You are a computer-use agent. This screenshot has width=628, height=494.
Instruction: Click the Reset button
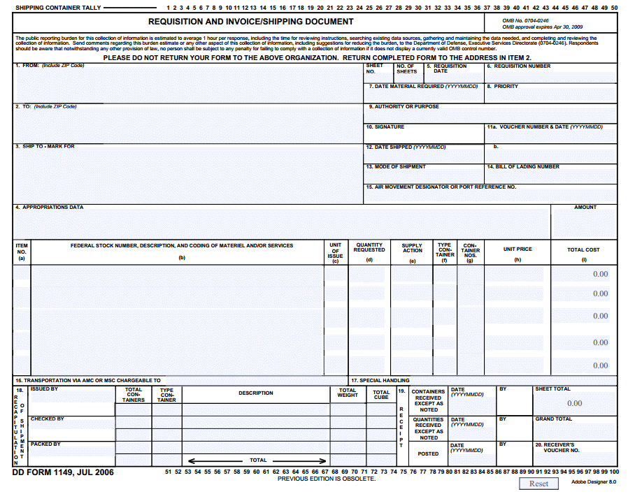538,484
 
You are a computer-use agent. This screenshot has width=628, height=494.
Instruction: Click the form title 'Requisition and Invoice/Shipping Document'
250,22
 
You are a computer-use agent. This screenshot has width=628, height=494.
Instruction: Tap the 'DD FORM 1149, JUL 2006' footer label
63,472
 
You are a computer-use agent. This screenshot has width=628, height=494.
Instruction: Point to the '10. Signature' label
387,127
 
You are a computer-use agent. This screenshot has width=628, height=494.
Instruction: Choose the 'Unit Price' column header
518,249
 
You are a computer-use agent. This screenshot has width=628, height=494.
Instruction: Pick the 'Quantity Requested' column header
369,247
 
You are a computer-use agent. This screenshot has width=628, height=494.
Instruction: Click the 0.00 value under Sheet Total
574,403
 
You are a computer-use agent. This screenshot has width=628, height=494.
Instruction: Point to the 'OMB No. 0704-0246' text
525,21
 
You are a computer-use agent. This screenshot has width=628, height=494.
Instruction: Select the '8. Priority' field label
503,87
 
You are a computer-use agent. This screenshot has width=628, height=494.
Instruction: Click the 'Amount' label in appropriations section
585,208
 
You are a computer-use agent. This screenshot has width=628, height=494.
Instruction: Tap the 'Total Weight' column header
348,393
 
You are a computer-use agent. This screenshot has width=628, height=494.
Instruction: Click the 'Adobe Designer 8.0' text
594,482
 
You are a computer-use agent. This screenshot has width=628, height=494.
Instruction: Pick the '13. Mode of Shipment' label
396,167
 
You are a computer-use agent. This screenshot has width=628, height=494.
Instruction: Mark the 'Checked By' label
47,419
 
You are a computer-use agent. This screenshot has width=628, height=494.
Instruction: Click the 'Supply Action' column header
413,248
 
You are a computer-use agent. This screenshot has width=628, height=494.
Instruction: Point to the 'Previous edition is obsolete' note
327,479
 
